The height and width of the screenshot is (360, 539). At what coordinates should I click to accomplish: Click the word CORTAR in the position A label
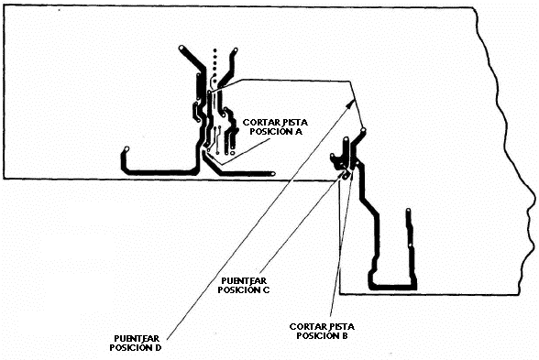coord(260,123)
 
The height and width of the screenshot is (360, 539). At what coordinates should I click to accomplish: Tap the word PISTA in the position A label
coord(294,123)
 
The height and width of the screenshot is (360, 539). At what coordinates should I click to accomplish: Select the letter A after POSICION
coord(299,132)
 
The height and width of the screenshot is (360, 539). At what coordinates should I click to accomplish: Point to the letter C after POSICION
coord(266,289)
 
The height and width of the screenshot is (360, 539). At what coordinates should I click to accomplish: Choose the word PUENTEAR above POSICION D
coord(137,338)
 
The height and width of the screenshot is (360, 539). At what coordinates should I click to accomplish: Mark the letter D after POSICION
coord(158,347)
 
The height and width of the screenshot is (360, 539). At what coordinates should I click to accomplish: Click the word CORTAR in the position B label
coord(307,326)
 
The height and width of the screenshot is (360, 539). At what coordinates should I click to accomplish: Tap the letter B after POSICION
coord(345,335)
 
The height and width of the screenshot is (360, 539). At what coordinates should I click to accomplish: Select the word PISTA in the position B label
coord(341,326)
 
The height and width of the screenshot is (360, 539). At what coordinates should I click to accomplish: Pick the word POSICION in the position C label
coord(239,289)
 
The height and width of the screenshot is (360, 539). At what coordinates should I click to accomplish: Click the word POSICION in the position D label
coord(130,347)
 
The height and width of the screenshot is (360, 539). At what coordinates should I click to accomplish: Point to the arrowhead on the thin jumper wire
coord(352,103)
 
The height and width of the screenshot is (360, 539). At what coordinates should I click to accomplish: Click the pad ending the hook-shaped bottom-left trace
coord(126,149)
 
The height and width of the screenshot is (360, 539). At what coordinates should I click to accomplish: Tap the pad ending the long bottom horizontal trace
coord(273,174)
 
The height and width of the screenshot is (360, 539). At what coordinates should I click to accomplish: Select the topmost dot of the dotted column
coord(214,51)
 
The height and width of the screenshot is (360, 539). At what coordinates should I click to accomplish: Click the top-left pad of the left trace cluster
coord(181,48)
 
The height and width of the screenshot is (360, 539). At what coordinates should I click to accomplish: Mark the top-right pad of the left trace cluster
coord(236,50)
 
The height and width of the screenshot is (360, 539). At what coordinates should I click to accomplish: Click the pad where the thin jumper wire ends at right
coord(363,130)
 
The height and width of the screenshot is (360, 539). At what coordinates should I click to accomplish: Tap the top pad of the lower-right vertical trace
coord(409,211)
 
